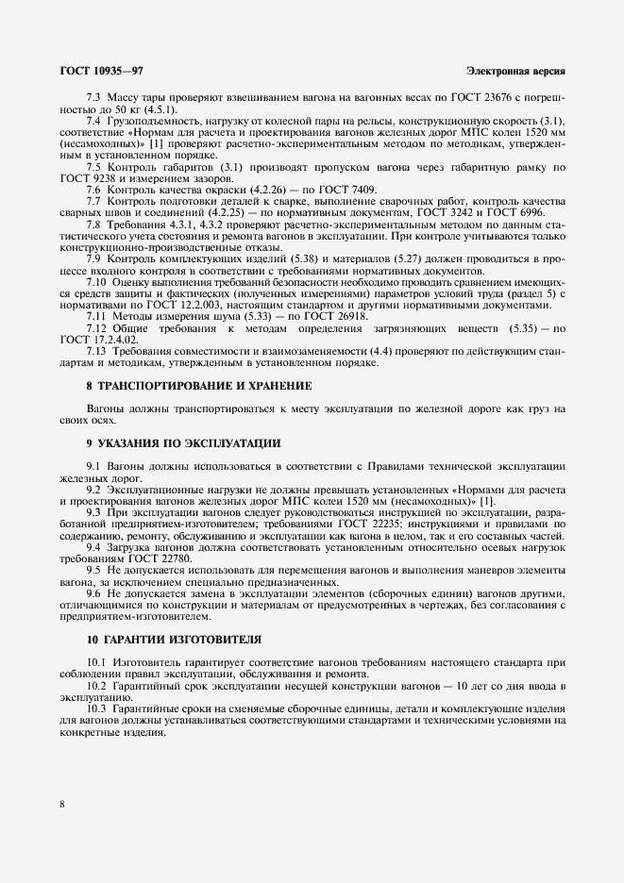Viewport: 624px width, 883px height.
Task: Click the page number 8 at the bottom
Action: pyautogui.click(x=61, y=804)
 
